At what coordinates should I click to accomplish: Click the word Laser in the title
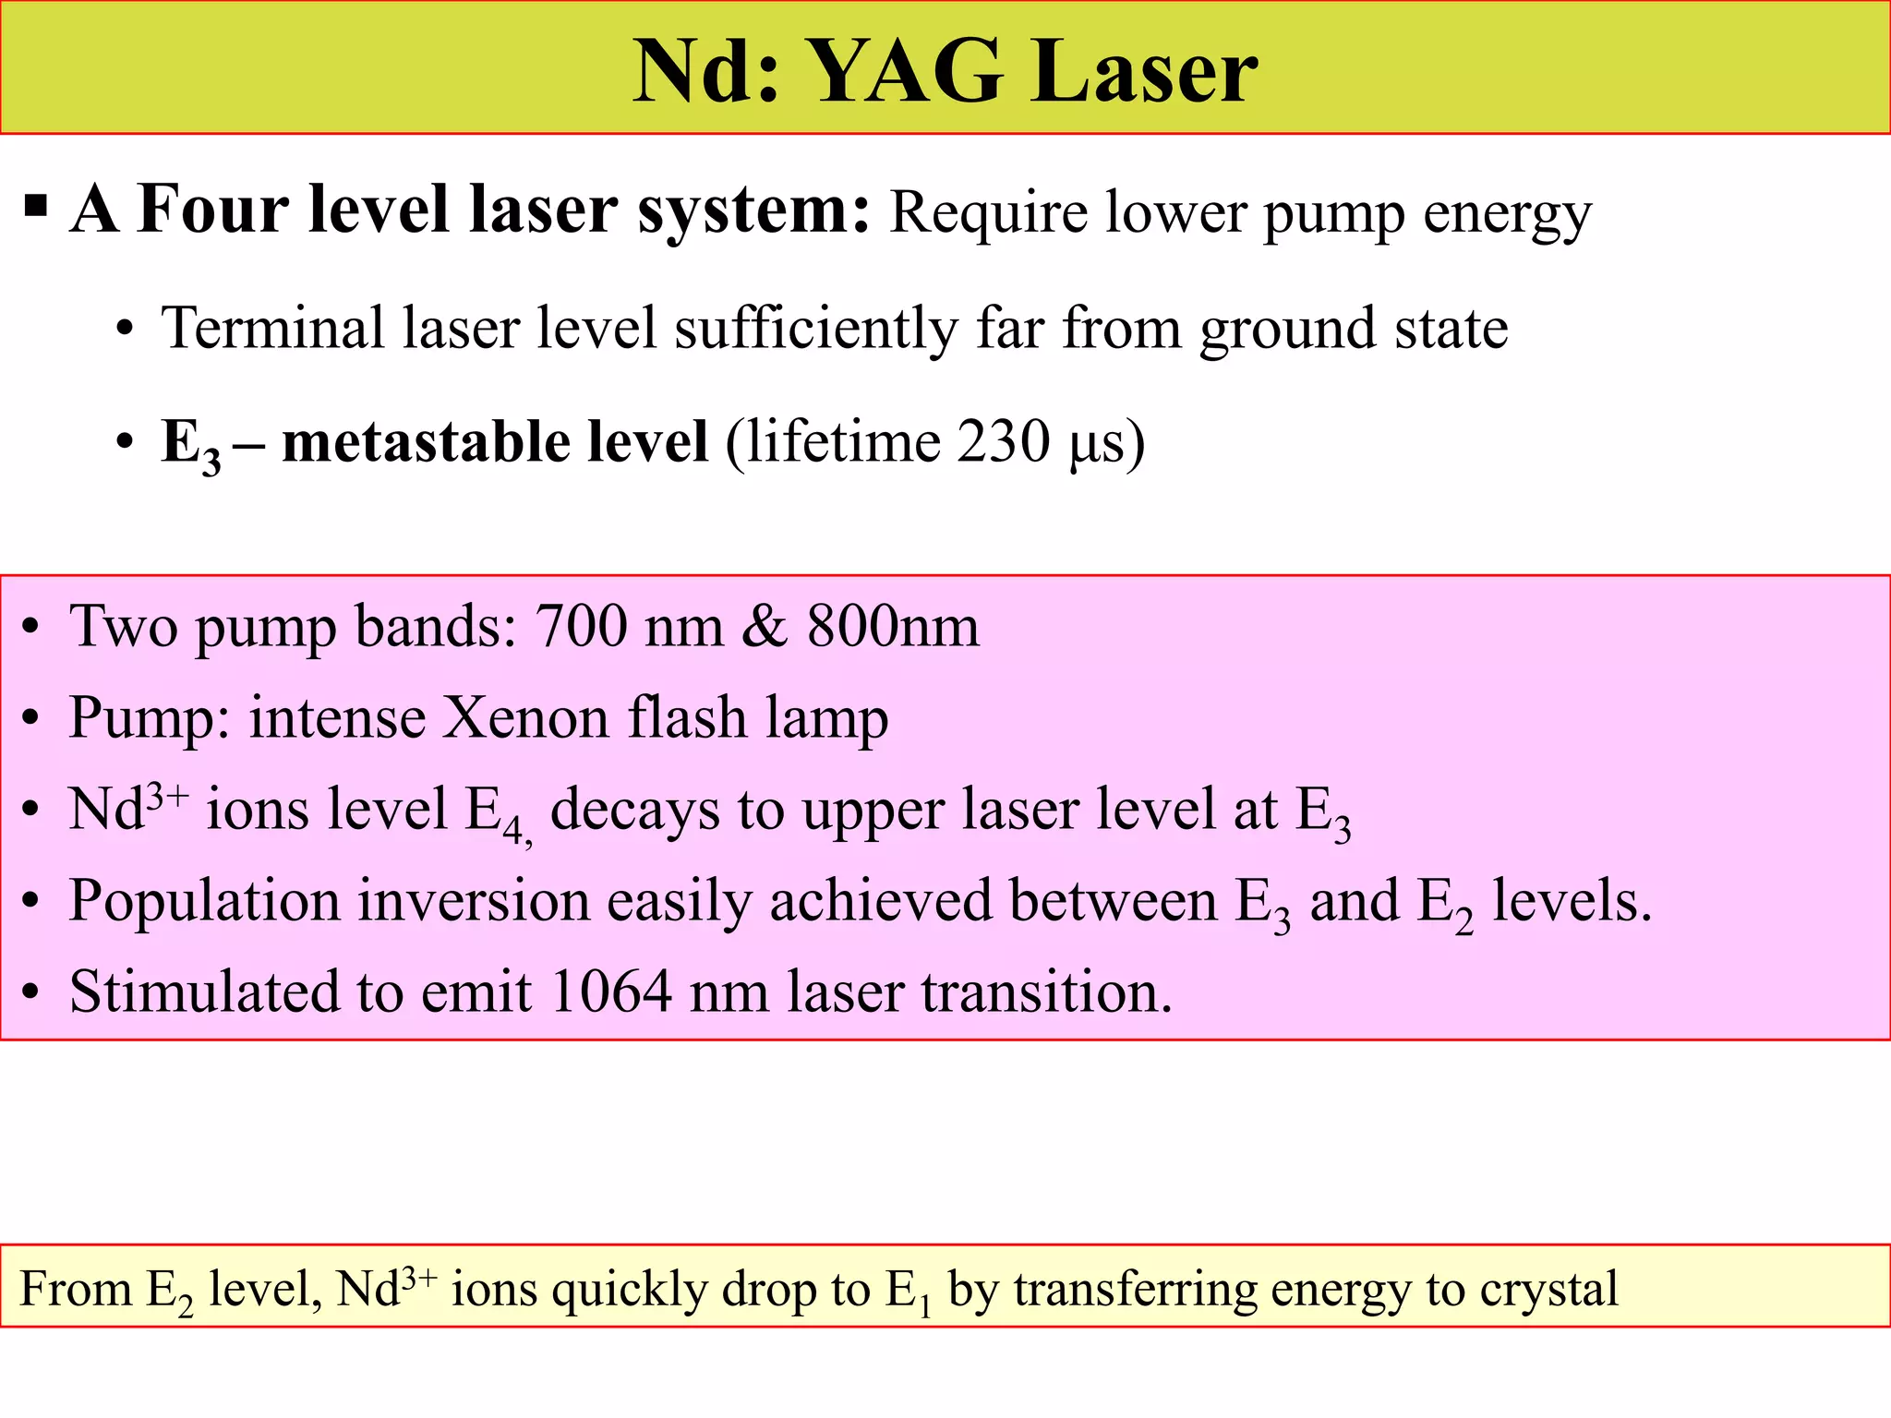[x=1144, y=72]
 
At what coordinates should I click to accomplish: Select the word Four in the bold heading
[x=214, y=210]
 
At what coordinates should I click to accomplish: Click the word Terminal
[x=272, y=328]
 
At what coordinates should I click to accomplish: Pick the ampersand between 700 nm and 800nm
[x=765, y=626]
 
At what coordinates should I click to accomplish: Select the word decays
[x=634, y=810]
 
